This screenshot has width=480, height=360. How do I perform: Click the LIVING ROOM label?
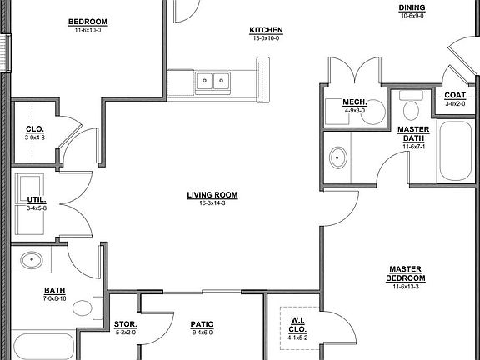click(x=212, y=195)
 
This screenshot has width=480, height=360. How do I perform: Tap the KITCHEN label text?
click(x=266, y=30)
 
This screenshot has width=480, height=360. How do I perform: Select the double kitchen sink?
click(x=213, y=82)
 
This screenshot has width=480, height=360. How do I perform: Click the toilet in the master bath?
click(x=410, y=109)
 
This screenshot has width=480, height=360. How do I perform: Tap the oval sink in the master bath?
click(x=339, y=156)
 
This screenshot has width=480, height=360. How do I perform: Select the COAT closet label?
click(x=455, y=95)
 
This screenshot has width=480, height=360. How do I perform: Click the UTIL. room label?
click(x=36, y=201)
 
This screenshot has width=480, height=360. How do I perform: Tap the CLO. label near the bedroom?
click(x=36, y=128)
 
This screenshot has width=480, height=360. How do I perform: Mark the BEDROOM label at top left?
click(x=87, y=22)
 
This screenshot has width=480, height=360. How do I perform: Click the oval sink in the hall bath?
click(x=33, y=260)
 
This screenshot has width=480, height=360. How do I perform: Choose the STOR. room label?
click(x=125, y=324)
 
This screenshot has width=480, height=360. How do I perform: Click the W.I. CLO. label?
click(x=297, y=325)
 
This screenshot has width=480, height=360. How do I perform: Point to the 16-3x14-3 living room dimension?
click(x=212, y=202)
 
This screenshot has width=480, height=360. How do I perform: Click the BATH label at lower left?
click(x=56, y=290)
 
